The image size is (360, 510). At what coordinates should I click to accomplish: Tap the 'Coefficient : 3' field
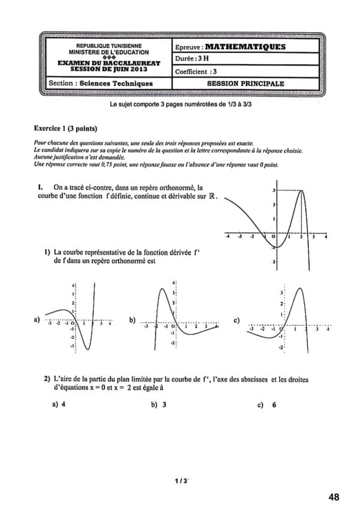point(196,71)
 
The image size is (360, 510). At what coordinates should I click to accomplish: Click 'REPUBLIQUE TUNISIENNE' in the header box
point(109,46)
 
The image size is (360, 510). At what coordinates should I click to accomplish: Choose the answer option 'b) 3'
point(159,404)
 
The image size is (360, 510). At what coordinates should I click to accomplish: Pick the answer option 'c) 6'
point(268,404)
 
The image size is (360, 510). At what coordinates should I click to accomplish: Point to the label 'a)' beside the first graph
point(37,320)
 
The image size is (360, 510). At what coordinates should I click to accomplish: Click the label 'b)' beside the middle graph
point(133,320)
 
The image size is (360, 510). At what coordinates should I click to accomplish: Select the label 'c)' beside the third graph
point(236,320)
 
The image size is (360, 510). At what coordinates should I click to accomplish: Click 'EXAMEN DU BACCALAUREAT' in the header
point(109,63)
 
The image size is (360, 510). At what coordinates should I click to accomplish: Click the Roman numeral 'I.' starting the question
point(40,187)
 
